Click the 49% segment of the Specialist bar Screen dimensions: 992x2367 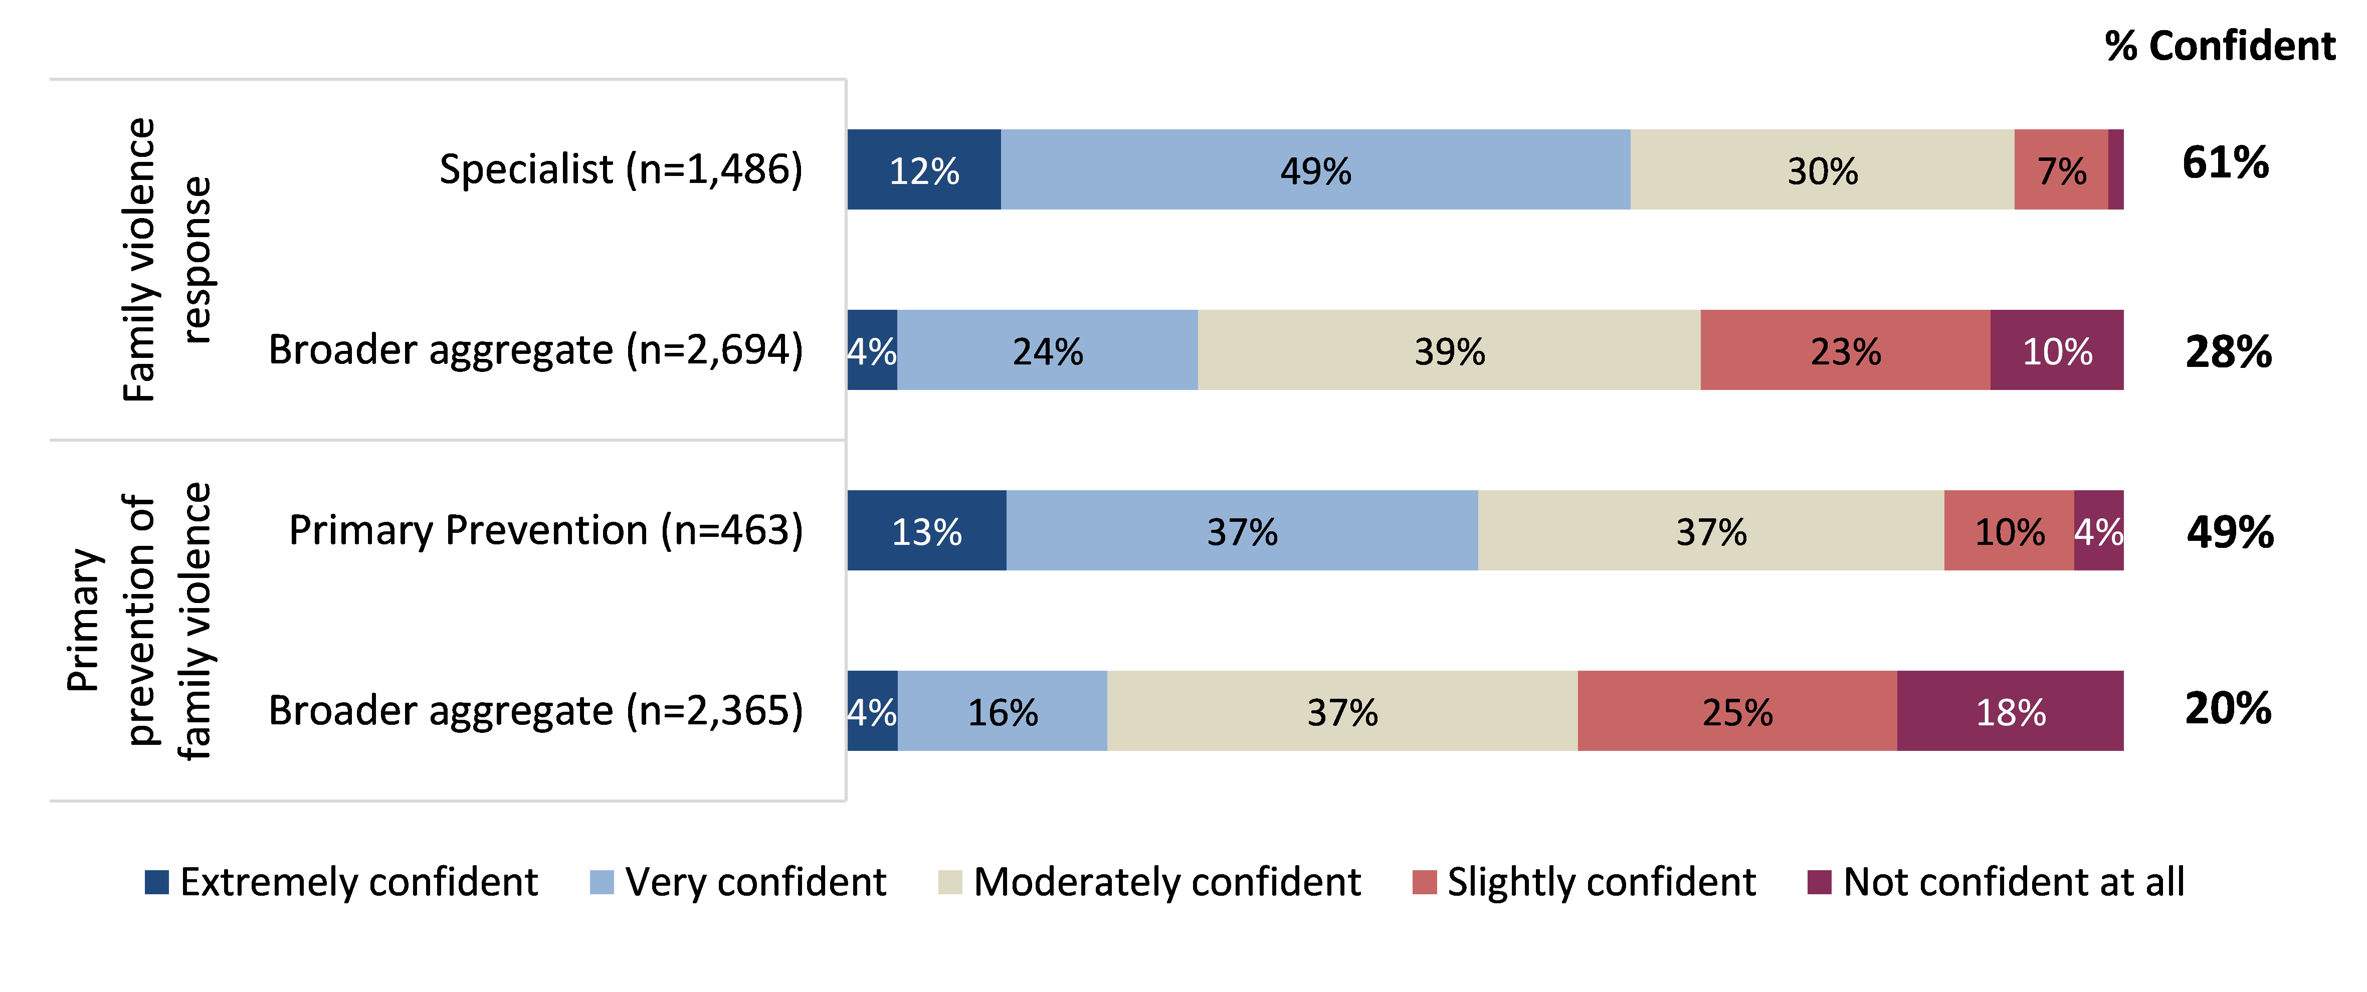(x=1315, y=170)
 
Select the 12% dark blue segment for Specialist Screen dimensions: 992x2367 (x=923, y=170)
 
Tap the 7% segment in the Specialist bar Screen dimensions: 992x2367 (x=2061, y=170)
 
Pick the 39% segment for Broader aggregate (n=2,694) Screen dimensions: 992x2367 (x=1449, y=350)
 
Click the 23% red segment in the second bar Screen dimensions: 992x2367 (x=1845, y=350)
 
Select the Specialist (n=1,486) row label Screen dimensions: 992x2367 (x=621, y=169)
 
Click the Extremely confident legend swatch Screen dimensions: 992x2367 (x=157, y=882)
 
